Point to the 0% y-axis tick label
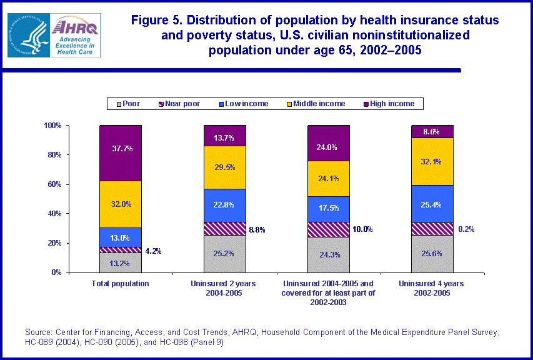(x=55, y=272)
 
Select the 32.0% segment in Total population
(x=121, y=204)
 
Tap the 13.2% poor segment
(x=121, y=262)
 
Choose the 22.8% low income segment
(x=225, y=205)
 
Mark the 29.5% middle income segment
(x=225, y=167)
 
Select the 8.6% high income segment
(x=432, y=131)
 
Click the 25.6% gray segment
(x=432, y=254)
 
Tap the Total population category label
(x=120, y=284)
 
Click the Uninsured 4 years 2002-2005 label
(x=432, y=288)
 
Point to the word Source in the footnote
(x=38, y=332)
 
